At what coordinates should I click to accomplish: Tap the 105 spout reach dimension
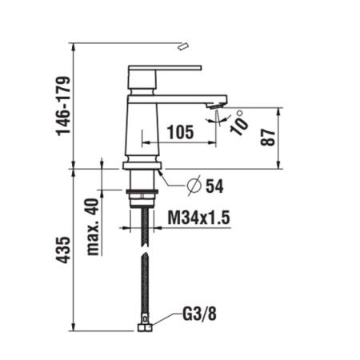[180, 133]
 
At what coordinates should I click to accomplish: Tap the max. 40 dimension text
[95, 216]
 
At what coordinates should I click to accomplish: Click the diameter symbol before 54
[193, 186]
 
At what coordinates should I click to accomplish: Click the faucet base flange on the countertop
[142, 166]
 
